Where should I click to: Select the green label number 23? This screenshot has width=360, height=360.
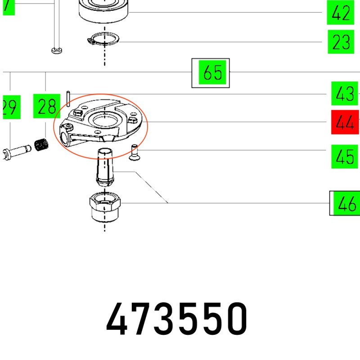pyautogui.click(x=341, y=42)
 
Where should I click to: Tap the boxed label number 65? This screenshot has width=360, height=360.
pyautogui.click(x=213, y=72)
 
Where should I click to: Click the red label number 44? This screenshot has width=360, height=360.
pyautogui.click(x=345, y=122)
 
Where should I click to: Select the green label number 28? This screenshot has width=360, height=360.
pyautogui.click(x=47, y=107)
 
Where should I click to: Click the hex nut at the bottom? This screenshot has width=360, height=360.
pyautogui.click(x=105, y=207)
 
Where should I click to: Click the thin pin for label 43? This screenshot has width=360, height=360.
pyautogui.click(x=68, y=98)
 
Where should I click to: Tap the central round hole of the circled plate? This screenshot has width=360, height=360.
pyautogui.click(x=104, y=120)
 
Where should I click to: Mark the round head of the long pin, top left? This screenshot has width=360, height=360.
pyautogui.click(x=57, y=50)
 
